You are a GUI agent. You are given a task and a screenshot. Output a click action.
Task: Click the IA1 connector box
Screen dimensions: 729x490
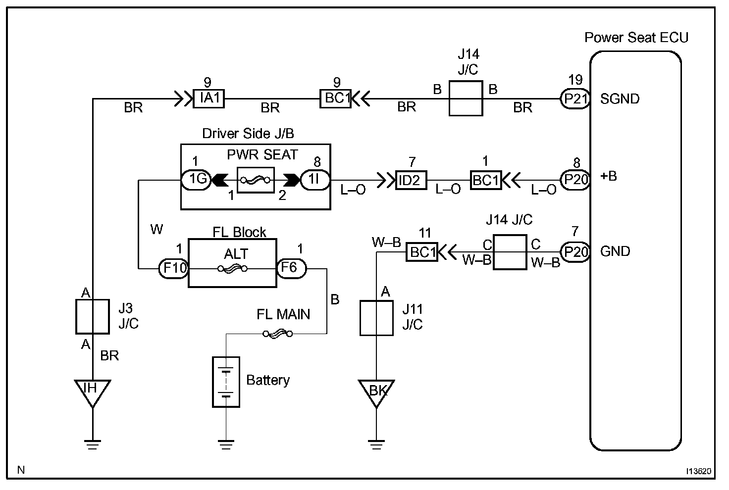coord(208,98)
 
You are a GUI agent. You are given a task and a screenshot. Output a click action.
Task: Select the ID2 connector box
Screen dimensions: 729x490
coord(411,180)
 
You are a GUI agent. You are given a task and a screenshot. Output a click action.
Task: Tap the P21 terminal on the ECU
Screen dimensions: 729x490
coord(575,98)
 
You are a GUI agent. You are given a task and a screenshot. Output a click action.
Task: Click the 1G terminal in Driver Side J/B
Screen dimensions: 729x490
coord(196,180)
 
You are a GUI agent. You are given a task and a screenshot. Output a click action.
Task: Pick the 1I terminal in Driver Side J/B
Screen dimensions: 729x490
coord(315,180)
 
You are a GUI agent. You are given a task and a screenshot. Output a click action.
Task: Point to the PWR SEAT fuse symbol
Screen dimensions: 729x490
coord(256,180)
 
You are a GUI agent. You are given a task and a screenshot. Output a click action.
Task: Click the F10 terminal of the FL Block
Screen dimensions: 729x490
coord(173,269)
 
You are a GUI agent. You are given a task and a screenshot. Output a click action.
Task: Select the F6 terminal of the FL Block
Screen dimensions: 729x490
coord(291,268)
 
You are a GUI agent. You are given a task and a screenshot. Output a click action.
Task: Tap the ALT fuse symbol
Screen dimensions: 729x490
coord(232,269)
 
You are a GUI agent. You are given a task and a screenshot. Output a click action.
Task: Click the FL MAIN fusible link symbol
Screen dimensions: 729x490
coord(278,334)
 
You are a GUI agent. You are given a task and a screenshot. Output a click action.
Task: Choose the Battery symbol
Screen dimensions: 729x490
coord(226,382)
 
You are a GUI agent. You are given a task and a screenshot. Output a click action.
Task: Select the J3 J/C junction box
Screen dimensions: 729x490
coord(93,317)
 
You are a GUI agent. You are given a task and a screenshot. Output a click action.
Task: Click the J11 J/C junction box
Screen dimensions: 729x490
coord(376,318)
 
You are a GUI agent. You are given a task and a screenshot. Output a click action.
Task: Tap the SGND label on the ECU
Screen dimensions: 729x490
coord(620,99)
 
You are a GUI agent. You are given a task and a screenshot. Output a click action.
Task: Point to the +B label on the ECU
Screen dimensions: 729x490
coord(609,176)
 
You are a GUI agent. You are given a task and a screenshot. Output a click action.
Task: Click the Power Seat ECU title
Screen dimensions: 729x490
coord(636,38)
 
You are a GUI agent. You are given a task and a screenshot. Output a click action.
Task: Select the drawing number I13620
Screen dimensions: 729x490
coord(698,471)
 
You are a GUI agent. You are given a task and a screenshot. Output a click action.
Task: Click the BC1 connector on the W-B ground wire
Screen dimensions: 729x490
coord(422,252)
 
